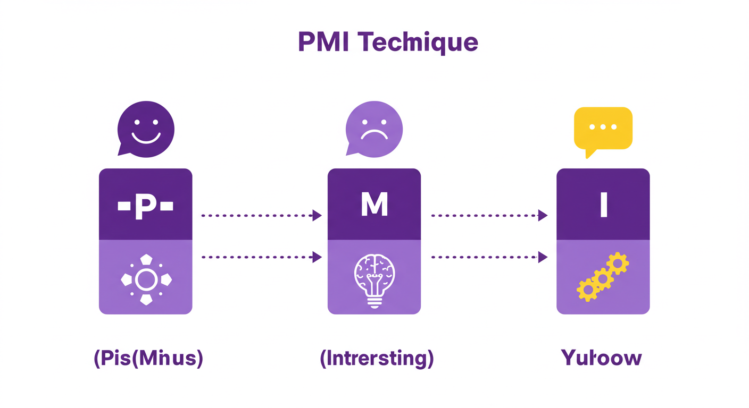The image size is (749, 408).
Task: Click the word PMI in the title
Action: (x=323, y=42)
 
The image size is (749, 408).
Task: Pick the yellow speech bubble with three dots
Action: (x=603, y=129)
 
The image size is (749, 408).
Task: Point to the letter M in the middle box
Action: (x=374, y=204)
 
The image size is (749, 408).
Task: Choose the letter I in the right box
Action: (x=603, y=205)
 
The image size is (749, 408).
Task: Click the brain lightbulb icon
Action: (x=374, y=278)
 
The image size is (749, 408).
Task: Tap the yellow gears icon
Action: (x=603, y=277)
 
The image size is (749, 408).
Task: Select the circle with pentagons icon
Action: (x=146, y=279)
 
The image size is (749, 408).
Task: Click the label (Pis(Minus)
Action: (x=148, y=359)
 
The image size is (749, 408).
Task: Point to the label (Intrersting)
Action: (x=377, y=359)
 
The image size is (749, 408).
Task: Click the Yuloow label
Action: (x=601, y=358)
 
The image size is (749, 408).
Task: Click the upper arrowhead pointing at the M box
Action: (x=317, y=215)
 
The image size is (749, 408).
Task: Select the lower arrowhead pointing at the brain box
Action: (x=317, y=257)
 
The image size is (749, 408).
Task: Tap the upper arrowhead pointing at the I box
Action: (x=543, y=215)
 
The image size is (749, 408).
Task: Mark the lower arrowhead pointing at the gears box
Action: (x=543, y=257)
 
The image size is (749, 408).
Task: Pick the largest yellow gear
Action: (x=588, y=290)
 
